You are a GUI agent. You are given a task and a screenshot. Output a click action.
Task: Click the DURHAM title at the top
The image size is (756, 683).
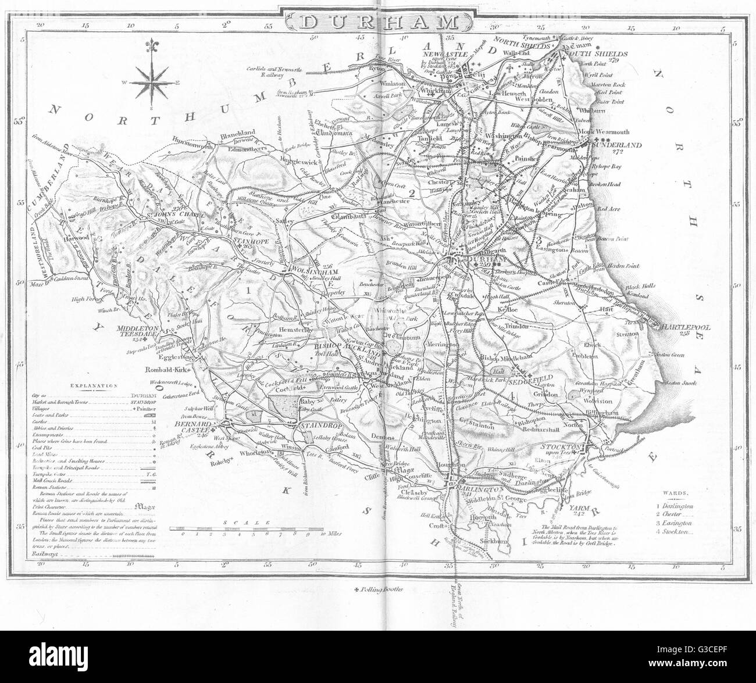[378, 23]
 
